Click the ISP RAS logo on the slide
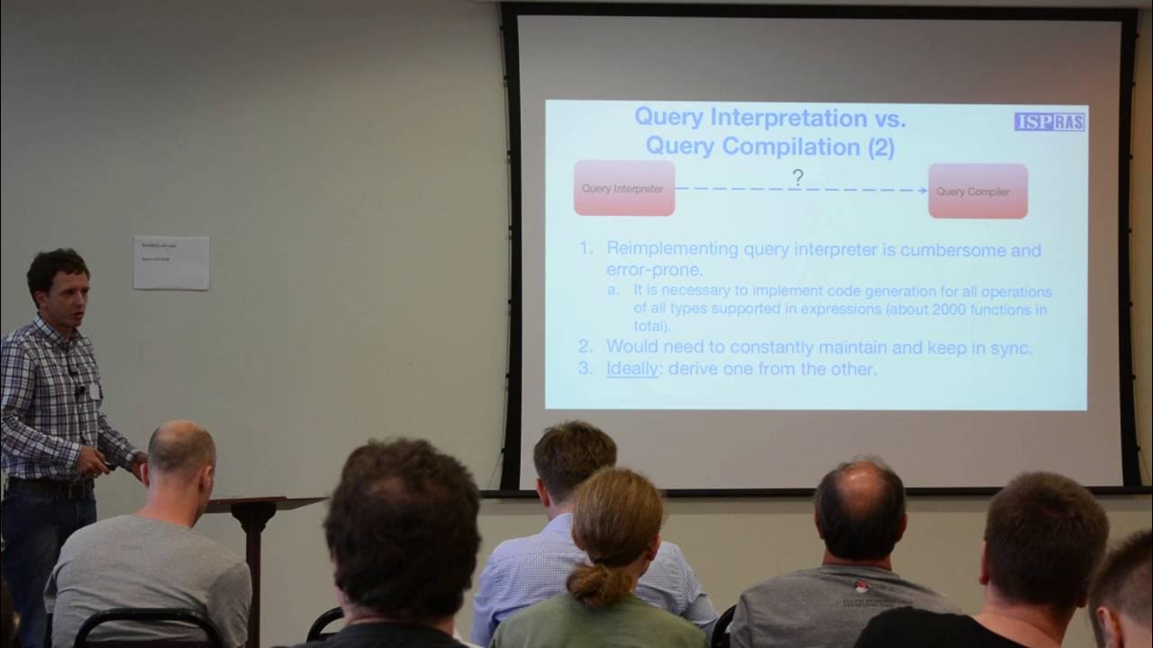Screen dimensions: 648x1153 [1049, 121]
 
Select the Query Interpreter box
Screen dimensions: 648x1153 [623, 188]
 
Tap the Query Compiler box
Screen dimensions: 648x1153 [977, 191]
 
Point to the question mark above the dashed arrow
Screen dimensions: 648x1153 [797, 177]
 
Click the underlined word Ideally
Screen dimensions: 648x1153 [631, 368]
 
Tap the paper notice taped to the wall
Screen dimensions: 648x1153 [171, 262]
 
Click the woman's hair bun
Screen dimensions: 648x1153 [598, 584]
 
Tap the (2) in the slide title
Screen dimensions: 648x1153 [880, 147]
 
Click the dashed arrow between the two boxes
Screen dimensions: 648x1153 [801, 190]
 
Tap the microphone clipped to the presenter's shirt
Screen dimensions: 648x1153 [80, 391]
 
